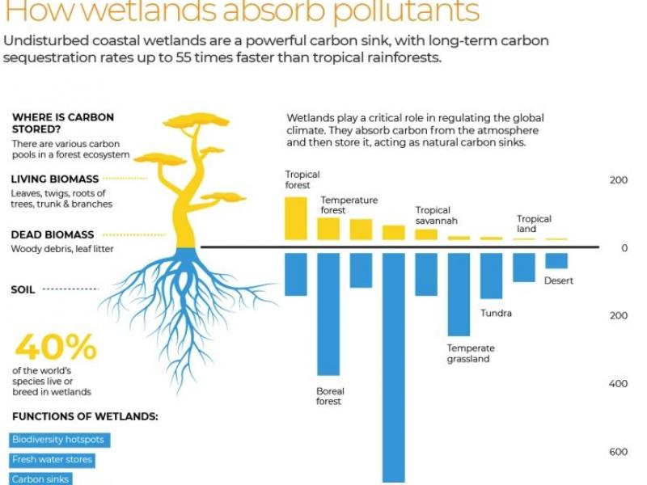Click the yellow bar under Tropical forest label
click(x=296, y=218)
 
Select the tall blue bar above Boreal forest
click(x=328, y=314)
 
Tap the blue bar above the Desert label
click(x=556, y=260)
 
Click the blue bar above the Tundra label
click(x=492, y=276)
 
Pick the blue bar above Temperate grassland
click(x=459, y=294)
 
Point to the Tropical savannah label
click(x=437, y=215)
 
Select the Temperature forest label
click(x=349, y=205)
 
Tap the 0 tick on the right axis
click(x=624, y=248)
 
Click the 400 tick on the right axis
click(x=618, y=383)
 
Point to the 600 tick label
click(x=618, y=452)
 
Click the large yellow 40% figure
click(x=56, y=347)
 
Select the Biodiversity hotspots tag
click(x=59, y=440)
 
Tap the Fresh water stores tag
click(x=52, y=460)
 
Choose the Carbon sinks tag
click(x=40, y=479)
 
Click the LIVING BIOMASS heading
click(x=55, y=179)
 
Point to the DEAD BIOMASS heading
click(x=53, y=234)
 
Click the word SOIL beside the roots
click(x=23, y=289)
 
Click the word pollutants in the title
click(x=406, y=11)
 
